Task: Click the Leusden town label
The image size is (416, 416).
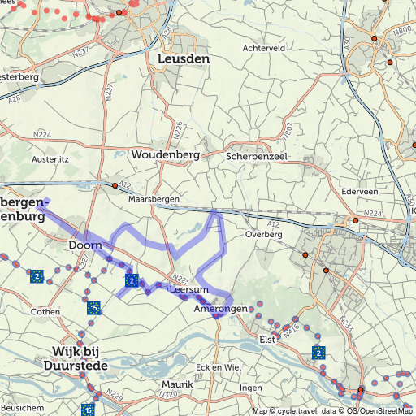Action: pos(183,59)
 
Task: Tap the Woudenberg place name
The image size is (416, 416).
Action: pos(160,154)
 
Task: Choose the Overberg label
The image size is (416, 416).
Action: pos(263,234)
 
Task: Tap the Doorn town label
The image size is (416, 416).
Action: pos(84,245)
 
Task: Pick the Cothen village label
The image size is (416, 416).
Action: pos(45,311)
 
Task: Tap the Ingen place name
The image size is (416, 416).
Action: pos(251,388)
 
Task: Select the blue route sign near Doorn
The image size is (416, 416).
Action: pos(132,279)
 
